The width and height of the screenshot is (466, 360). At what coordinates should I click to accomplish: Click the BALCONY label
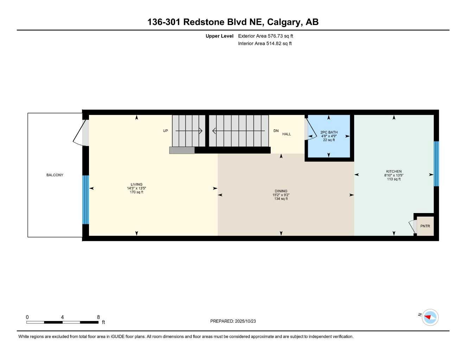[x=55, y=175]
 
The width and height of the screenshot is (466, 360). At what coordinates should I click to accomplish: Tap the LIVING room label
[x=136, y=184]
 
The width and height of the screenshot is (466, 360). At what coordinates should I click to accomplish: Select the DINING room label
[x=281, y=191]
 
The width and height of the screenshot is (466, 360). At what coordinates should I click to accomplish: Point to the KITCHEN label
[x=394, y=172]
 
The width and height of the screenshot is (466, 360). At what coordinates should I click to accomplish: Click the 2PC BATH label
[x=329, y=133]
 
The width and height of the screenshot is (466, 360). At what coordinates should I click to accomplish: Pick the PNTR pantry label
[x=425, y=226]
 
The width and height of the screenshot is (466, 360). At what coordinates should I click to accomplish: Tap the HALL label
[x=287, y=134]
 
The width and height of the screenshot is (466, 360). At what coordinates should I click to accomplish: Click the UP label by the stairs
[x=165, y=131]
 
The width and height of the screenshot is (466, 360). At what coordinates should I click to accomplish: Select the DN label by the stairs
[x=276, y=131]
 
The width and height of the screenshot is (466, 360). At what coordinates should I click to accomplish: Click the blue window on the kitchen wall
[x=436, y=163]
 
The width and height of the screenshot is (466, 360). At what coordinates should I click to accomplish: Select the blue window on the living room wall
[x=85, y=200]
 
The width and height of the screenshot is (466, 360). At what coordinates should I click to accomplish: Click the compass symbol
[x=430, y=317]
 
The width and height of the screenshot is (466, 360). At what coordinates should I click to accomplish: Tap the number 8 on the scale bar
[x=98, y=317]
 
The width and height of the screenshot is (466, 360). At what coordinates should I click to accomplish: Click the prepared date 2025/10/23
[x=245, y=321]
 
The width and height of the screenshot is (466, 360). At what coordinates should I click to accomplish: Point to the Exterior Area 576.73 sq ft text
[x=266, y=36]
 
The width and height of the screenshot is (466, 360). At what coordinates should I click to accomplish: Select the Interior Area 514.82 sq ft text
[x=265, y=44]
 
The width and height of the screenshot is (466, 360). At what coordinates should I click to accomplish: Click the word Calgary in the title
[x=284, y=22]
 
